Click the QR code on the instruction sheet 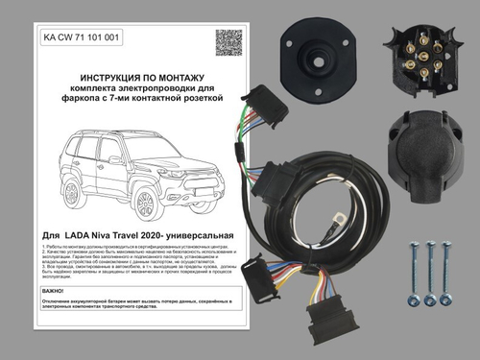pos(228,43)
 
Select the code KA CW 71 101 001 pos(83,38)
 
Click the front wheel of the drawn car pos(147,203)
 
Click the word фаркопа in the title pos(75,98)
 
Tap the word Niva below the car pos(124,234)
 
